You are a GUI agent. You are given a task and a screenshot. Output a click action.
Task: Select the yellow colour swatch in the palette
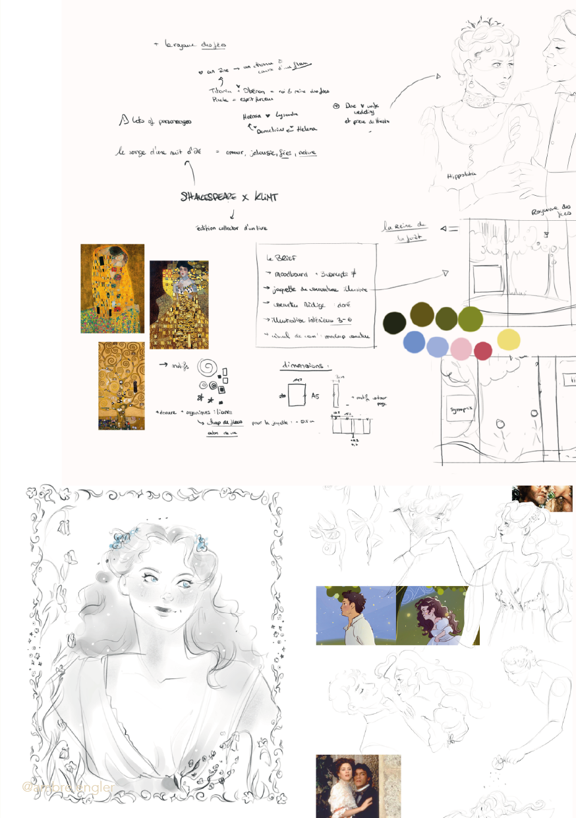[509, 339]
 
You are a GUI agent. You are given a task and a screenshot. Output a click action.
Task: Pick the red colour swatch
[483, 351]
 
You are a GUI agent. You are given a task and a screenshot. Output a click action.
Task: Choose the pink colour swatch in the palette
[461, 347]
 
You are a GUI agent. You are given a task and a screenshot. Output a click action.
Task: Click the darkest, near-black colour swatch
[394, 322]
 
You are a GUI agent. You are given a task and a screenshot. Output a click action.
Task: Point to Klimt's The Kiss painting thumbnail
[112, 288]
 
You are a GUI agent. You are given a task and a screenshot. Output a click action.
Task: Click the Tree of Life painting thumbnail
[121, 386]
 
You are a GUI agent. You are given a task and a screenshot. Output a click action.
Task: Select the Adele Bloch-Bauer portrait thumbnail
[179, 304]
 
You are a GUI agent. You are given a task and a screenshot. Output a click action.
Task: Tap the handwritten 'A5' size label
[315, 396]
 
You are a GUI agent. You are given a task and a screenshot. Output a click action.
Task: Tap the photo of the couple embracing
[358, 786]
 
